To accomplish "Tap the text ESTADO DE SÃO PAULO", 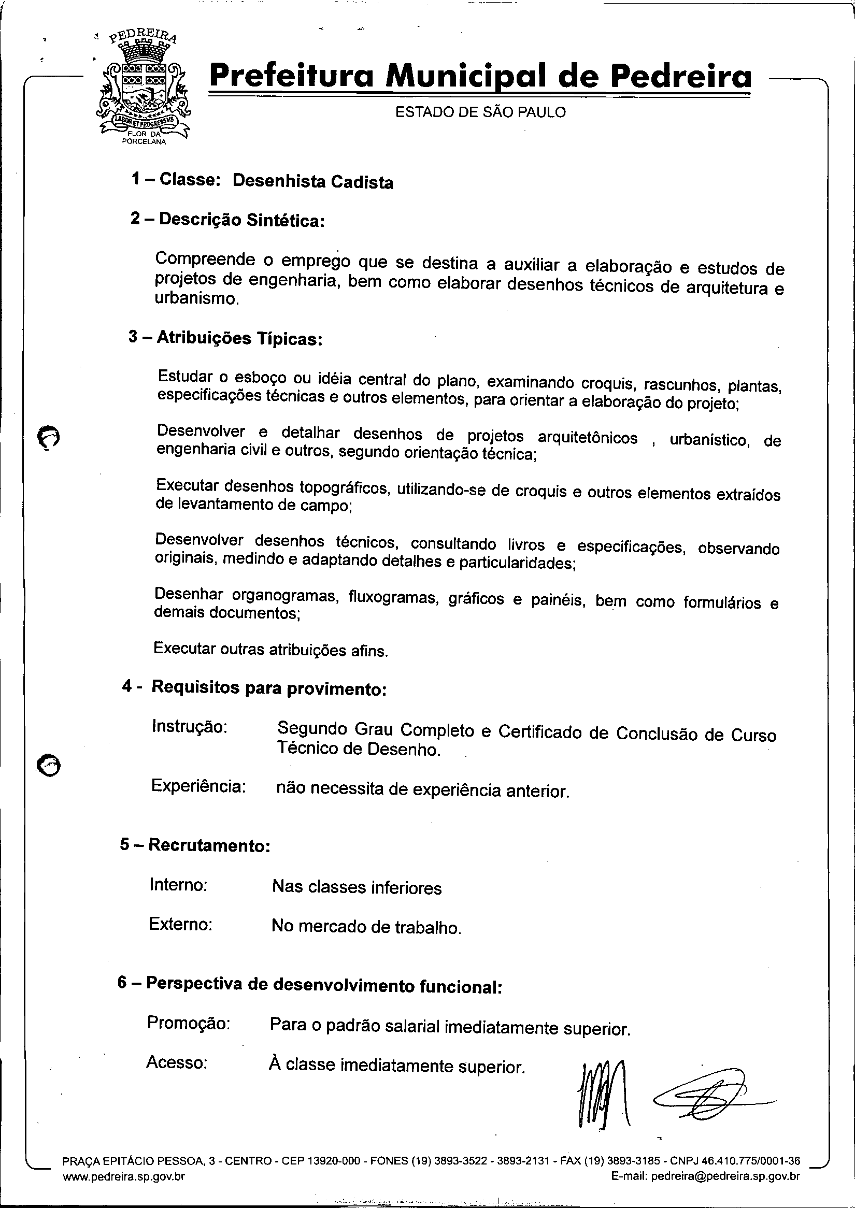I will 480,112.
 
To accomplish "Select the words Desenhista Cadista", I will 313,182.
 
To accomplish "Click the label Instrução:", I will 190,727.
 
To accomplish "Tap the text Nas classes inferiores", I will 357,887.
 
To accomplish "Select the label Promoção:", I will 189,1023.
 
